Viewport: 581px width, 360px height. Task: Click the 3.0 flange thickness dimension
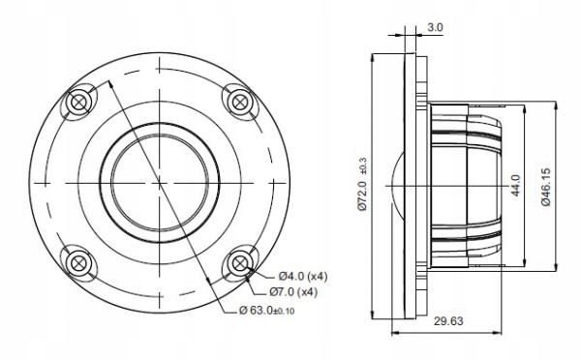(436, 29)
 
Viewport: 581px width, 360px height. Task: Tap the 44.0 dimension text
(516, 184)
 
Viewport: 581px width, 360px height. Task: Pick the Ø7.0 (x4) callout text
(291, 291)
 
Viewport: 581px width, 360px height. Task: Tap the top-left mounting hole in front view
(79, 101)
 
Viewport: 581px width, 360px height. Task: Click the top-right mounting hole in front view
(236, 101)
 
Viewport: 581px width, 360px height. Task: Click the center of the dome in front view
(158, 180)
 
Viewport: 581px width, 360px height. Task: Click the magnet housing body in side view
(465, 181)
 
